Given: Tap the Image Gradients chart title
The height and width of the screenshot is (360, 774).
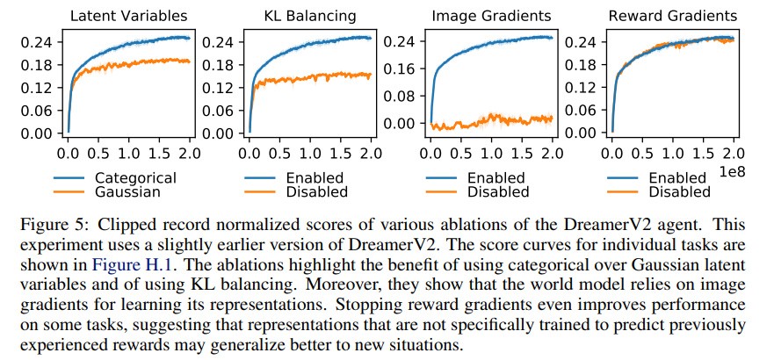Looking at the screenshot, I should pos(490,15).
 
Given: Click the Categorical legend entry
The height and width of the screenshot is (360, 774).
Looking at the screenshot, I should pos(135,177).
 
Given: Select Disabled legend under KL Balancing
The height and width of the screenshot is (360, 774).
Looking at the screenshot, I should pos(313,191).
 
